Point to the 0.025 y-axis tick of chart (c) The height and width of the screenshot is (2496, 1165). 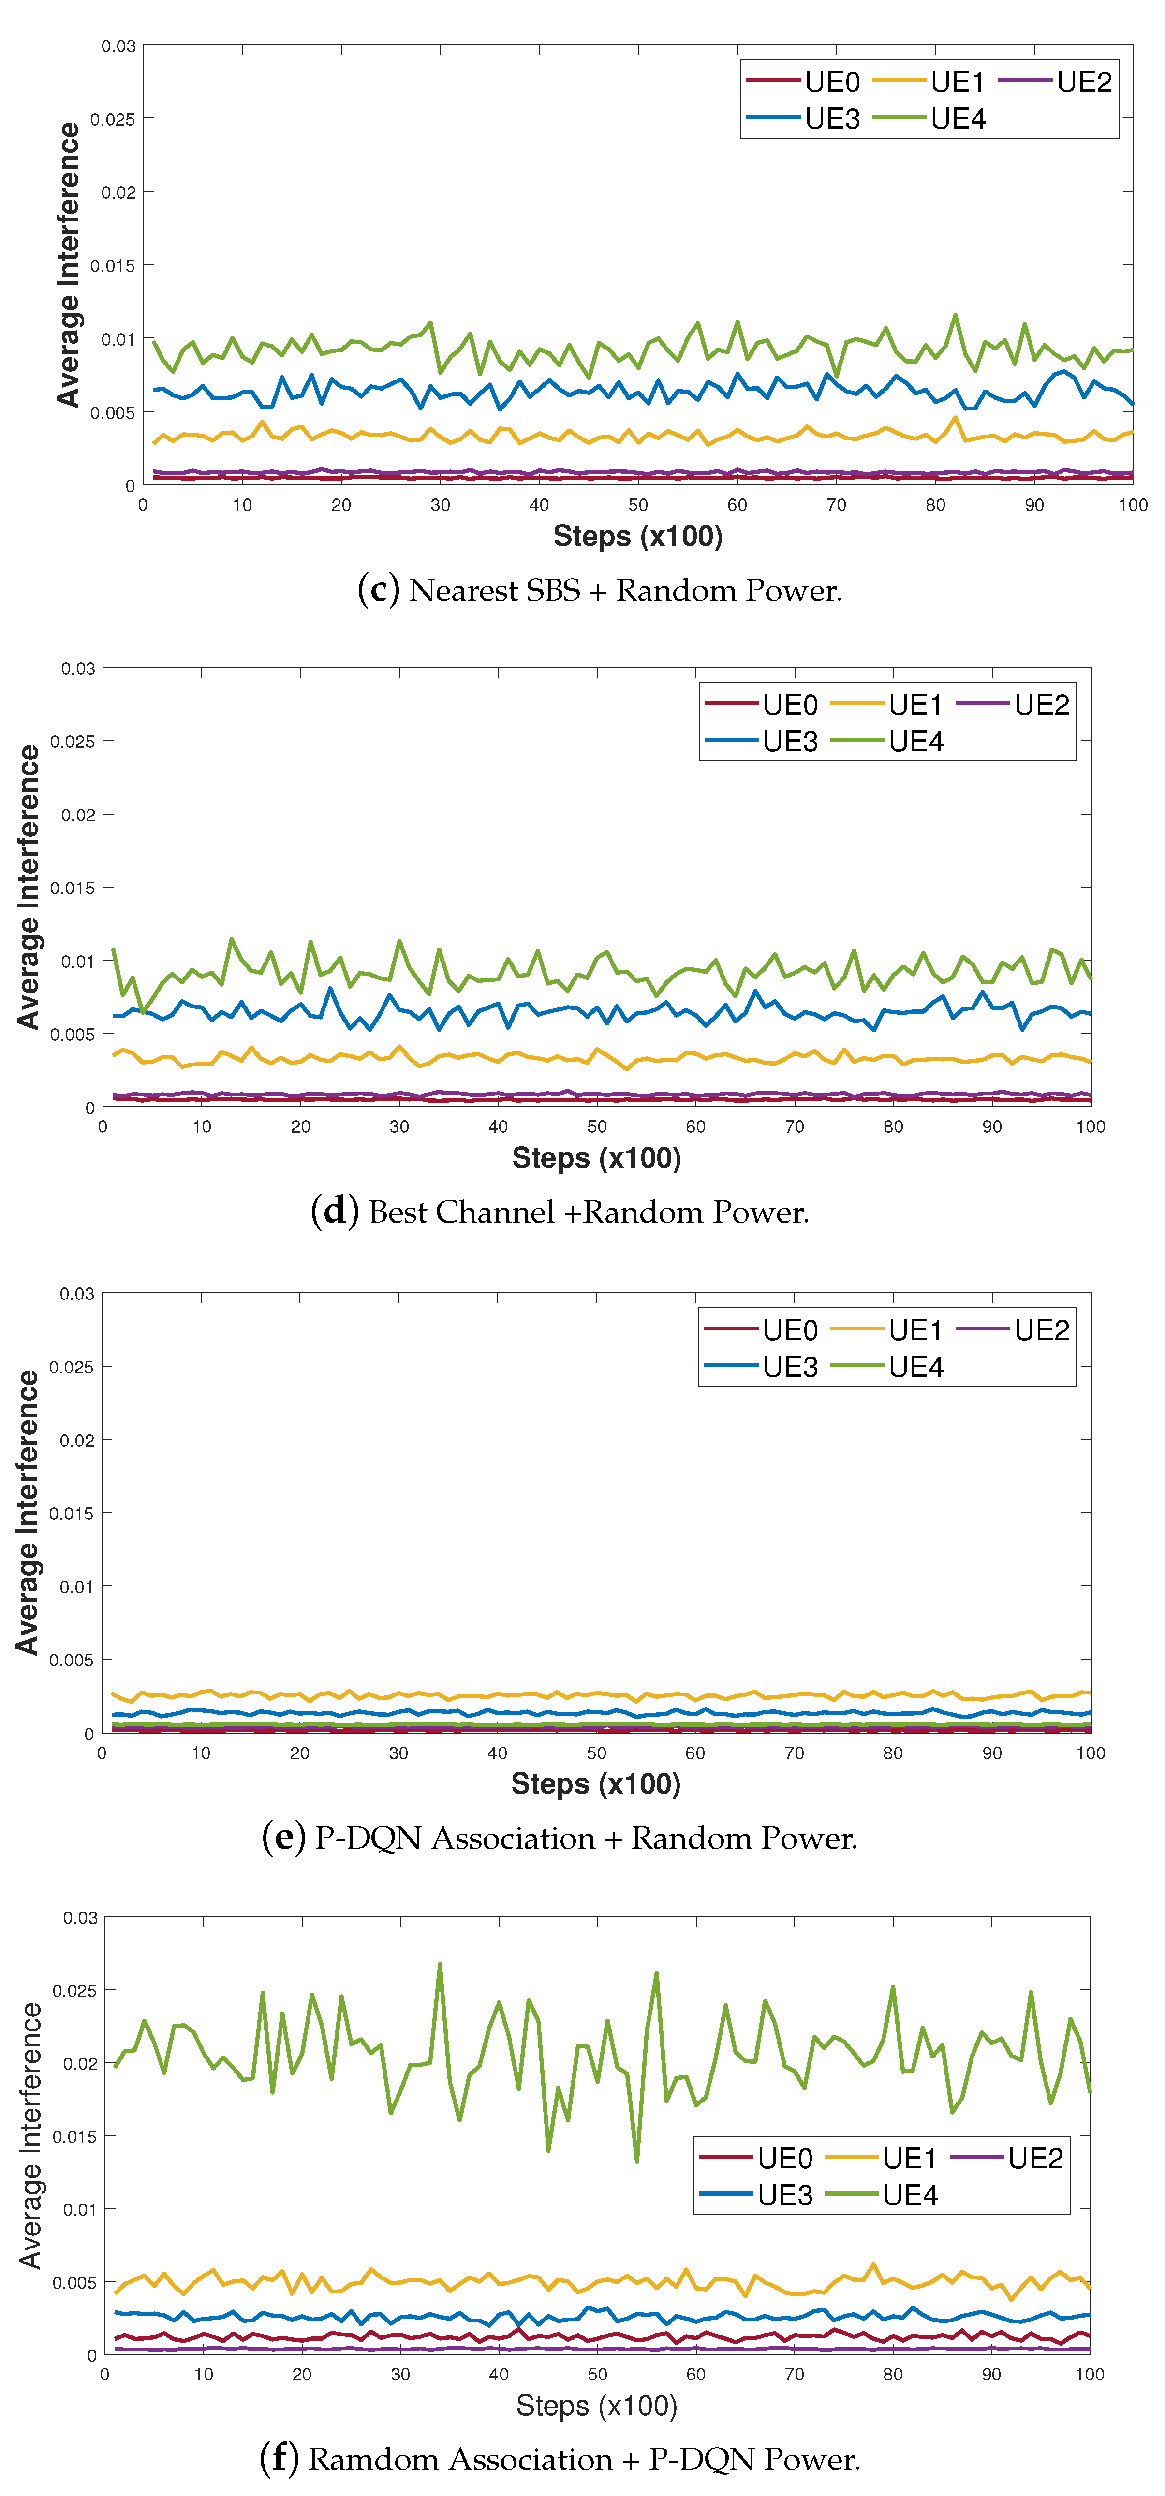(x=112, y=119)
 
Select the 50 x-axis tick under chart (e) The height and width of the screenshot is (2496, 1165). (x=596, y=1753)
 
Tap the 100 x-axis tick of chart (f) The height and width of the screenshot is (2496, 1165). (x=1090, y=2374)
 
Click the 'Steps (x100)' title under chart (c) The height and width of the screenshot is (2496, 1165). (x=638, y=536)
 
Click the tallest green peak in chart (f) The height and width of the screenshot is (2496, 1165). (x=440, y=1964)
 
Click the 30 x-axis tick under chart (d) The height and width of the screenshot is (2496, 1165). (x=399, y=1126)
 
